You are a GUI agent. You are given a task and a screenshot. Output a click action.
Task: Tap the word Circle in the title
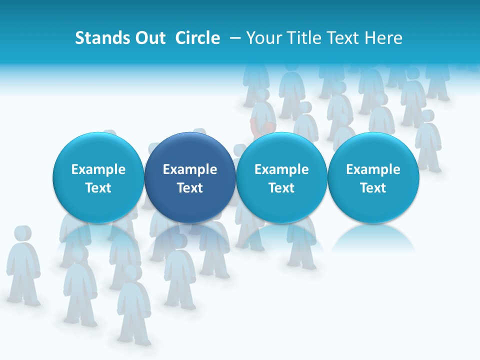pos(197,38)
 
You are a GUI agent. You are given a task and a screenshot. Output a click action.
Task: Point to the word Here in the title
pos(383,38)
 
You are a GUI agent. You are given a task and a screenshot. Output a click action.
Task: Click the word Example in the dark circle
pos(190,169)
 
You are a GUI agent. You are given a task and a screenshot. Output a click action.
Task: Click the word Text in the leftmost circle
pos(98,188)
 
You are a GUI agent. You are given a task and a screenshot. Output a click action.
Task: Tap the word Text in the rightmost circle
pos(373,188)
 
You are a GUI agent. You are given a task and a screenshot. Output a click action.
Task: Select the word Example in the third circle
pos(281,169)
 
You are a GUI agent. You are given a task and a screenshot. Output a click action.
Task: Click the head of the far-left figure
pos(21,234)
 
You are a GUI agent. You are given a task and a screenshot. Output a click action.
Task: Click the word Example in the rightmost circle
pos(373,169)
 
